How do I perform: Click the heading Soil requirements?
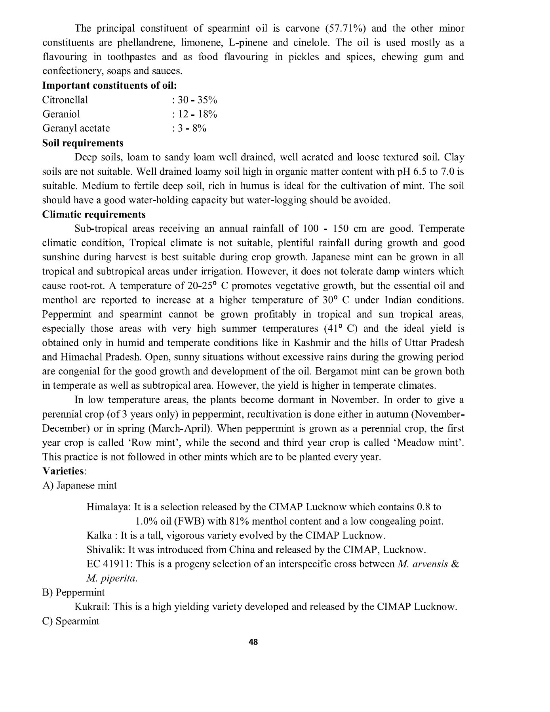coord(83,143)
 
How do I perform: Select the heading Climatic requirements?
coord(94,214)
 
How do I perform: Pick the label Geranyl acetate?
coord(76,128)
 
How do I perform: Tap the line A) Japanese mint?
coord(80,485)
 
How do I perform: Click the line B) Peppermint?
coord(74,593)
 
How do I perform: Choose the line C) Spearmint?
coord(71,621)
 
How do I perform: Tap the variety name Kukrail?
coord(91,607)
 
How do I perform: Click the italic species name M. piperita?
coord(112,578)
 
